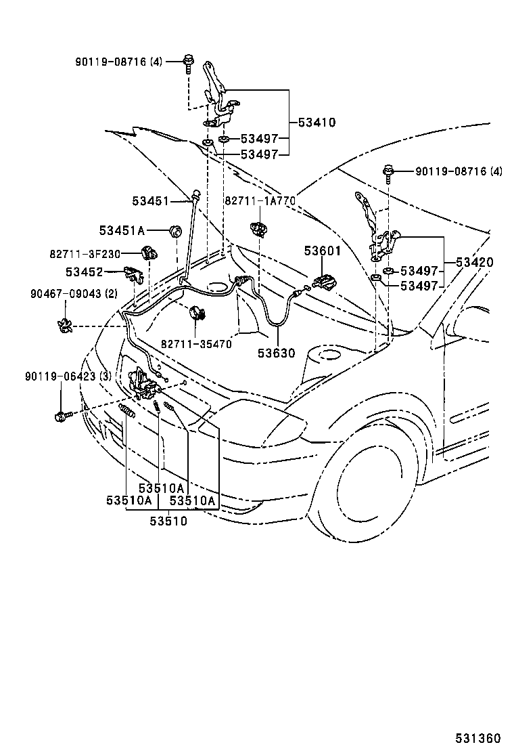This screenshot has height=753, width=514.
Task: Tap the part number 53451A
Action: tap(122, 231)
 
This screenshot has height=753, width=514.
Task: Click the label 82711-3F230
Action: tap(93, 254)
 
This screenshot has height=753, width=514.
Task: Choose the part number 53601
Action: tap(323, 251)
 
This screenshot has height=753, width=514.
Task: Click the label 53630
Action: tap(277, 353)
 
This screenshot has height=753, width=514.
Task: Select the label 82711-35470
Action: tap(196, 344)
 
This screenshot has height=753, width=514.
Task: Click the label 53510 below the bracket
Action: tap(168, 521)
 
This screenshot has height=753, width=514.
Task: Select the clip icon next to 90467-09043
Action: tap(66, 326)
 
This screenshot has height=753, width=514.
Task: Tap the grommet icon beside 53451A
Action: tap(174, 232)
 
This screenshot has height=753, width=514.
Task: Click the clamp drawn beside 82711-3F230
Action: tap(149, 254)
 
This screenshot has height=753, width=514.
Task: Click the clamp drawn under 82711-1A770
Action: tap(258, 228)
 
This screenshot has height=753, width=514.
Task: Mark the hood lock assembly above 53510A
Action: tap(143, 385)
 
